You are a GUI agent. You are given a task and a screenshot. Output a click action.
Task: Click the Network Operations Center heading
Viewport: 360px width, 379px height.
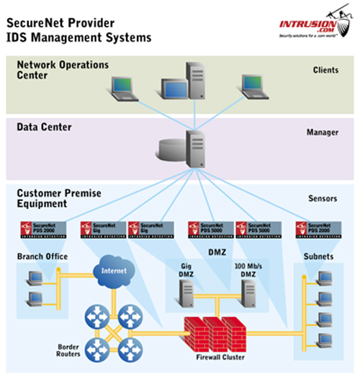(x=63, y=71)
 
